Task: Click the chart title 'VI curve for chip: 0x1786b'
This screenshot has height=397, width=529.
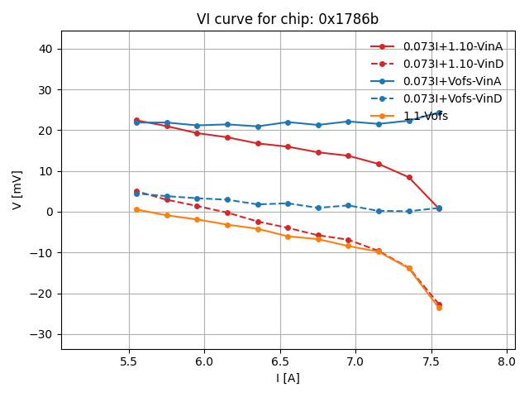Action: click(288, 19)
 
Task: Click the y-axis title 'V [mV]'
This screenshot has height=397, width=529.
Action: click(17, 190)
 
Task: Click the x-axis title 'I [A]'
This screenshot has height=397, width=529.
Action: click(288, 378)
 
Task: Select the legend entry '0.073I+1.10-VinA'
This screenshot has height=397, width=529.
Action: click(452, 46)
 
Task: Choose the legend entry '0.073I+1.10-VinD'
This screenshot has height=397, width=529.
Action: click(452, 64)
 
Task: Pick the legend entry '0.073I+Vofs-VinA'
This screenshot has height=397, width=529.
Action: click(452, 81)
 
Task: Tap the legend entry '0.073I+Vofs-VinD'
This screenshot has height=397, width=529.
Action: click(452, 98)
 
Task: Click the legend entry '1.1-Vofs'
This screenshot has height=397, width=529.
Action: click(426, 116)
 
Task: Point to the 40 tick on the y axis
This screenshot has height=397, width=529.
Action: click(46, 49)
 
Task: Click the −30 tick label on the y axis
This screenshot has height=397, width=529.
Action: click(43, 334)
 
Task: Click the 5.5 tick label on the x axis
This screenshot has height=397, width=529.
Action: click(129, 361)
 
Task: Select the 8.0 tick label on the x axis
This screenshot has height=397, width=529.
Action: click(507, 361)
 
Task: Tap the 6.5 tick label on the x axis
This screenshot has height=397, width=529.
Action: click(280, 361)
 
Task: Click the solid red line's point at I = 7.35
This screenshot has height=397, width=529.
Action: click(409, 177)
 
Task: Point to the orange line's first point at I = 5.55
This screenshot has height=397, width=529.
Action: click(136, 209)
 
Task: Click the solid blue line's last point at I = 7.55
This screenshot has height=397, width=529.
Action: click(439, 112)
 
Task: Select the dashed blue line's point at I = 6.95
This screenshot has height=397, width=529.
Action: click(348, 205)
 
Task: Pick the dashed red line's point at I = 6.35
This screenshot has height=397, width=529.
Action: click(258, 222)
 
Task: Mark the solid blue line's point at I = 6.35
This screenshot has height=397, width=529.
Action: click(258, 127)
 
